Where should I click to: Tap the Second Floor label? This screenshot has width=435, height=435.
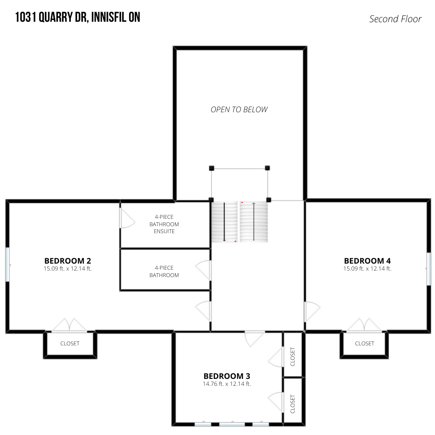tap(395, 19)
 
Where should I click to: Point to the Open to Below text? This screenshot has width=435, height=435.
tap(239, 110)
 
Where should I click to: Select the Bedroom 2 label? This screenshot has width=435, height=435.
tap(68, 261)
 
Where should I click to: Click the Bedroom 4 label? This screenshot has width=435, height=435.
tap(367, 261)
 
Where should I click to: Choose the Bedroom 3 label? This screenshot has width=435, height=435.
tap(227, 376)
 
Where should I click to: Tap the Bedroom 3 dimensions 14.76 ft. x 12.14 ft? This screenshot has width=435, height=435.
tap(227, 384)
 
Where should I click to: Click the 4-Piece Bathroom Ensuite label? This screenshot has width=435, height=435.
tap(164, 224)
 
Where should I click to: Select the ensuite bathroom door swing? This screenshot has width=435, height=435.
tap(127, 218)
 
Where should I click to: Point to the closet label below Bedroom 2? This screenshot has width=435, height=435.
tap(70, 344)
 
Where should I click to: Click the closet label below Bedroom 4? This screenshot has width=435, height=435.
tap(365, 344)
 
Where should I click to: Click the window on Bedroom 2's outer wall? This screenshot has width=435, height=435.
tap(7, 264)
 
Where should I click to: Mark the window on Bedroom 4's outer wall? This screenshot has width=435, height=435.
tap(428, 268)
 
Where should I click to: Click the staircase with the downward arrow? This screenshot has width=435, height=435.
tap(224, 222)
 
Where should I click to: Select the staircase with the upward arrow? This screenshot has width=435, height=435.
tap(254, 222)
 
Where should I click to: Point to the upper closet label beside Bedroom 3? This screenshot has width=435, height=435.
tap(293, 357)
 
